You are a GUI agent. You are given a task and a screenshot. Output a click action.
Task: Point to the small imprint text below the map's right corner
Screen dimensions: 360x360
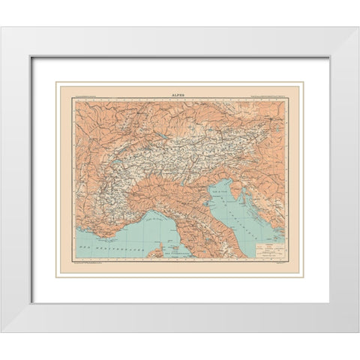pyautogui.click(x=280, y=262)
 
